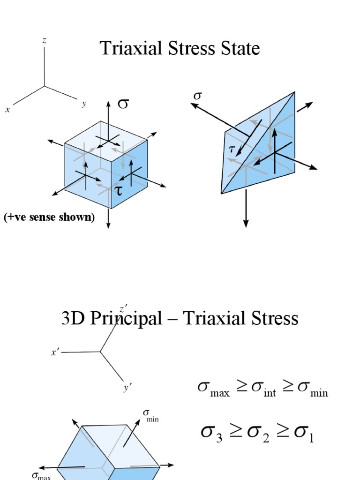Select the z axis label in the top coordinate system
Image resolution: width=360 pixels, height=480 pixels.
tap(45, 41)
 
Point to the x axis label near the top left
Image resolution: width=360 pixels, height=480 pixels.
tap(7, 110)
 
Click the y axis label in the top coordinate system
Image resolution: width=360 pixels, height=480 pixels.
tap(84, 104)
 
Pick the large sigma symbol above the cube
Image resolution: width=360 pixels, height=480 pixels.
tap(123, 103)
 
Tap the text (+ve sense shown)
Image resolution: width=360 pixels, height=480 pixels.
tap(49, 217)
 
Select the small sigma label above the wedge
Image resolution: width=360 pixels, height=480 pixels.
tap(197, 95)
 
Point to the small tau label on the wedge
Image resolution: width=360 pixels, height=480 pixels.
tap(231, 149)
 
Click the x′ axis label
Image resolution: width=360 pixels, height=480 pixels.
tap(55, 352)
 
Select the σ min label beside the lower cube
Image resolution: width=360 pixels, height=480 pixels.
tap(150, 415)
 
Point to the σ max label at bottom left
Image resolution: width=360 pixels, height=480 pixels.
tap(41, 476)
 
